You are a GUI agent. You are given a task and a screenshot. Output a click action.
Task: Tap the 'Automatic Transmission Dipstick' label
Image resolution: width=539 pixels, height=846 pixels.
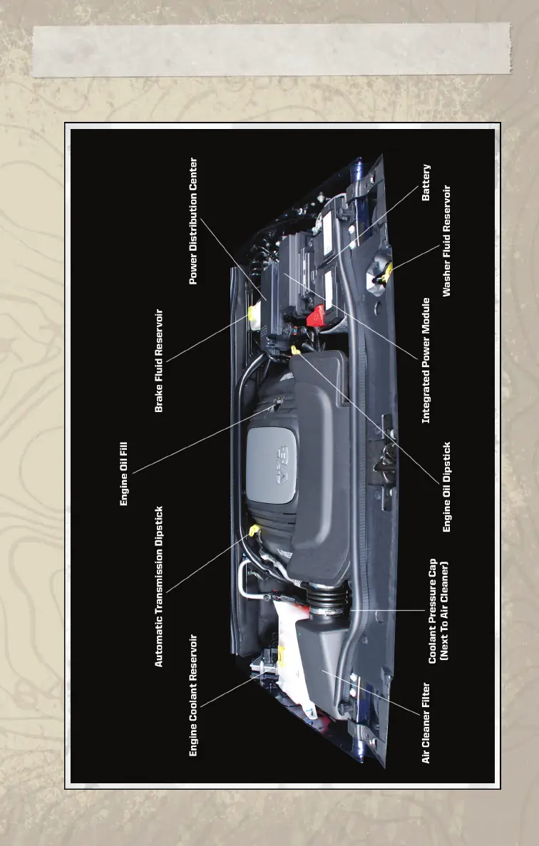(x=160, y=587)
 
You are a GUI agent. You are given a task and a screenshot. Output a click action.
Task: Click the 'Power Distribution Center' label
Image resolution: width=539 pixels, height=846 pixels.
(x=193, y=221)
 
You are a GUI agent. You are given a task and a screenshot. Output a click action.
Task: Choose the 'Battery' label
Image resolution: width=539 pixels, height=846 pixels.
(x=426, y=183)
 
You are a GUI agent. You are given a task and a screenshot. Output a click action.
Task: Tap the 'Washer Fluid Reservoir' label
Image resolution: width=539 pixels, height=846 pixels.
(x=447, y=241)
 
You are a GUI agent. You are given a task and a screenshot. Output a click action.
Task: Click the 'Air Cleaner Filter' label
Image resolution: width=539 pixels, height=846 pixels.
(x=426, y=723)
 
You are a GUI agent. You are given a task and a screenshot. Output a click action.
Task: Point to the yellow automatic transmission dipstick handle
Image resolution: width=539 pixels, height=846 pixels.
(x=255, y=530)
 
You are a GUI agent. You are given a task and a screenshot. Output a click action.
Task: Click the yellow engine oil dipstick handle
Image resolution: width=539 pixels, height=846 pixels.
(x=295, y=351)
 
